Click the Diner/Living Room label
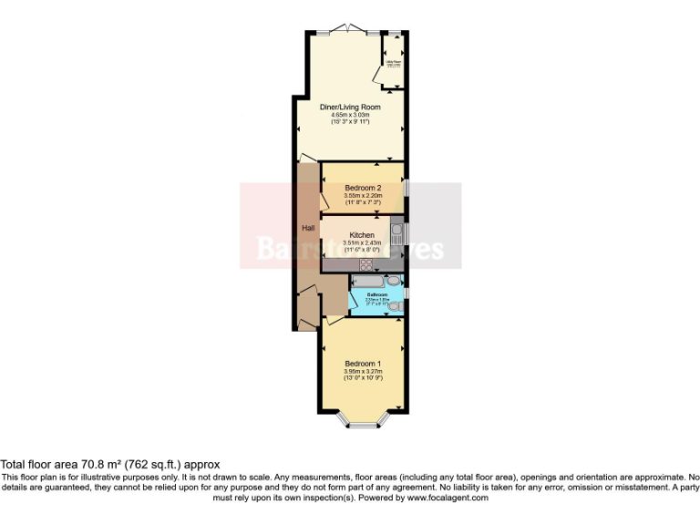[x=350, y=107]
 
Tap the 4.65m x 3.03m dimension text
[x=350, y=115]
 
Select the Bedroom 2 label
[x=362, y=188]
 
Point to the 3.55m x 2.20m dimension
[x=362, y=196]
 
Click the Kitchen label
[x=362, y=235]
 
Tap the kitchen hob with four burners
[x=368, y=264]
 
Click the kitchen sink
[x=396, y=233]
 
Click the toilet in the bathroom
[x=395, y=307]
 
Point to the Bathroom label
[x=378, y=294]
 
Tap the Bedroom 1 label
[x=363, y=364]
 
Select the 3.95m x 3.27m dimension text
[x=363, y=372]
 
